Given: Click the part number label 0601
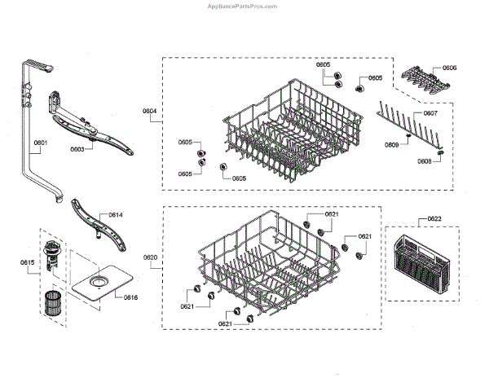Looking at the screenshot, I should tap(40, 143).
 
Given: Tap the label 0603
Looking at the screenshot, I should tap(77, 149).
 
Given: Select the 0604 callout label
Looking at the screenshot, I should tap(150, 110).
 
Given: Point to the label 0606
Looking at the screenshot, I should tap(450, 68).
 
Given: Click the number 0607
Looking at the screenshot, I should tap(430, 113).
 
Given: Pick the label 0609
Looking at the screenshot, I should tap(391, 144).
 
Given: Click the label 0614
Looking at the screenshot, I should tap(115, 215).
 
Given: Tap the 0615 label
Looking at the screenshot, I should tap(27, 262).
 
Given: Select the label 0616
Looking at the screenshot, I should tap(130, 297).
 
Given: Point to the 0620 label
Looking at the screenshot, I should tap(150, 257).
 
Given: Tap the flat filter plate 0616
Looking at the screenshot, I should tap(97, 284).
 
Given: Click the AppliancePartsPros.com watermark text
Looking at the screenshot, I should tap(244, 5).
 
